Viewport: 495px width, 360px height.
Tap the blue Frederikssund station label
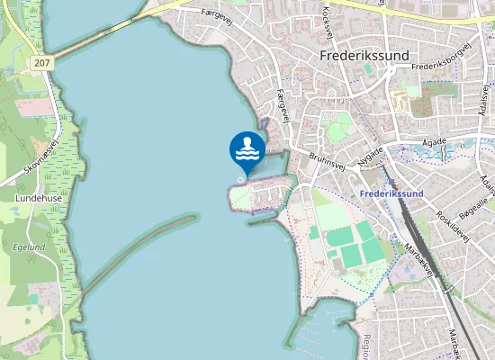click(x=390, y=193)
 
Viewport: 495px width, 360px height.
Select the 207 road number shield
click(x=40, y=63)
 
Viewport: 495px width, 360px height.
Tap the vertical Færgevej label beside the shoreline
click(x=283, y=104)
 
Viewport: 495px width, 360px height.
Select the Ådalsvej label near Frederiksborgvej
click(x=485, y=99)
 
